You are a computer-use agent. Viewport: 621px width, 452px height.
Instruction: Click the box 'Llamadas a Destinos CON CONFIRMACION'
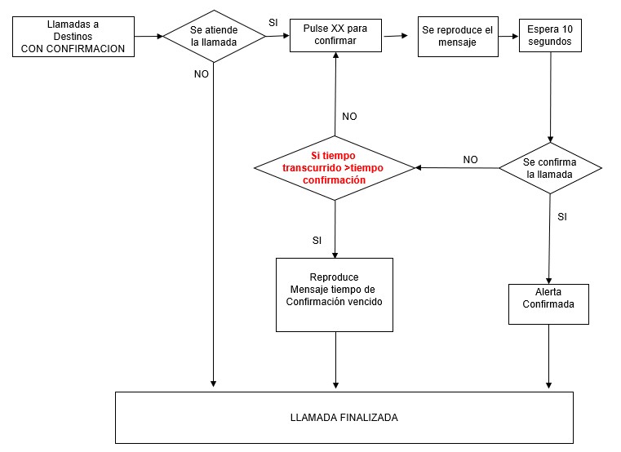(73, 38)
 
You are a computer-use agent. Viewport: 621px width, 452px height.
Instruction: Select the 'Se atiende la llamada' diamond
(213, 36)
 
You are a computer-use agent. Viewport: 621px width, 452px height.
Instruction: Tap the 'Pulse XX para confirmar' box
(335, 33)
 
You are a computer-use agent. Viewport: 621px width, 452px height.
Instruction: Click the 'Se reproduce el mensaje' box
(458, 36)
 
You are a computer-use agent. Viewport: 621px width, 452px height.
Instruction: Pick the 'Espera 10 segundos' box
(549, 36)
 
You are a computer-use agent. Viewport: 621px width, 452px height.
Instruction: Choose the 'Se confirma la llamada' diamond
(550, 168)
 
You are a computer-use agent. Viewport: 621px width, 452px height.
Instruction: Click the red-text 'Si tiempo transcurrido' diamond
(335, 167)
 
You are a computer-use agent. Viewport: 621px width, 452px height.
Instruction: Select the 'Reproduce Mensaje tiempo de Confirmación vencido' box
(335, 294)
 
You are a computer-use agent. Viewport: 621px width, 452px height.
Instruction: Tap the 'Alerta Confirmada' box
(548, 304)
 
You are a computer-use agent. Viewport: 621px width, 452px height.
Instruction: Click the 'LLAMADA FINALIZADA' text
(344, 417)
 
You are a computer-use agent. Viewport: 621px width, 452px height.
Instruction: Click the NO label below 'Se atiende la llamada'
(201, 73)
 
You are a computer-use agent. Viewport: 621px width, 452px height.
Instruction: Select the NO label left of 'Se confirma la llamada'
(470, 160)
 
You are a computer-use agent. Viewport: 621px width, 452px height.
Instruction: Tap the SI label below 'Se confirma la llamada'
(562, 216)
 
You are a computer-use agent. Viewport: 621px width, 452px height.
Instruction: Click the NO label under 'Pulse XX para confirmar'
(349, 117)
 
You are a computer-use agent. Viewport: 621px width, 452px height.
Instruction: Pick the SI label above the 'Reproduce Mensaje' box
(317, 241)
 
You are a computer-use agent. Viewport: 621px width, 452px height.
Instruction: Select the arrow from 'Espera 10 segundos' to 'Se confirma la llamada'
(551, 97)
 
